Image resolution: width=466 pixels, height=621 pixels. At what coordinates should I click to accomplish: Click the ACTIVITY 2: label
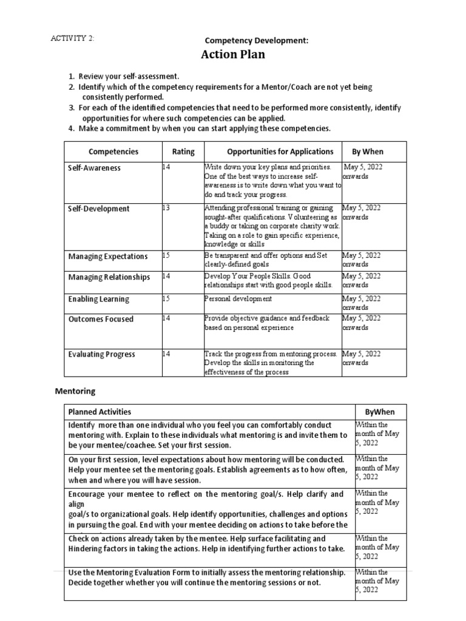[72, 38]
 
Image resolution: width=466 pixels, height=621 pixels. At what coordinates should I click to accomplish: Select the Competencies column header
[113, 152]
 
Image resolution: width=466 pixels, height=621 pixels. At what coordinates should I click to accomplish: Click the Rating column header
[183, 152]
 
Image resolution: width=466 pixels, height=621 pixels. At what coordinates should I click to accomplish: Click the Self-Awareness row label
[94, 168]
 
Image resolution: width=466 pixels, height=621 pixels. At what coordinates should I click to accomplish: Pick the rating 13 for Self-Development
[166, 208]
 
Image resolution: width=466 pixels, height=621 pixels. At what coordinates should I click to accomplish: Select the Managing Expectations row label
[108, 257]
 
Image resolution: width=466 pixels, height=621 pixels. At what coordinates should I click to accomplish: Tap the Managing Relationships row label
[109, 277]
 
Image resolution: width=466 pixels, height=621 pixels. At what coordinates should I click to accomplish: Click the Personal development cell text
[238, 299]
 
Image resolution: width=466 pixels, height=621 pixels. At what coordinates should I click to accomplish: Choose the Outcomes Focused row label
[101, 319]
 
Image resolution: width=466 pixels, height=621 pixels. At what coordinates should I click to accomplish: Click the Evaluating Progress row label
[101, 354]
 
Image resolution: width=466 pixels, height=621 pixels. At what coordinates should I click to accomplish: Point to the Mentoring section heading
[75, 391]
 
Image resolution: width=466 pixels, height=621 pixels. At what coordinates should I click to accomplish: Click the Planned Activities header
[100, 412]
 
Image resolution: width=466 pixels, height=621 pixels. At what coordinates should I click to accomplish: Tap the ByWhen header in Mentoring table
[380, 412]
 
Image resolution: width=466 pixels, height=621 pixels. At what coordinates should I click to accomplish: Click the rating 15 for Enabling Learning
[166, 299]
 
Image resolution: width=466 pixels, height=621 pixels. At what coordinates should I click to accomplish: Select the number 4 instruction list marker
[71, 129]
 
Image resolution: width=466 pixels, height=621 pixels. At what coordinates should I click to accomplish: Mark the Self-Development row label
[98, 209]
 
